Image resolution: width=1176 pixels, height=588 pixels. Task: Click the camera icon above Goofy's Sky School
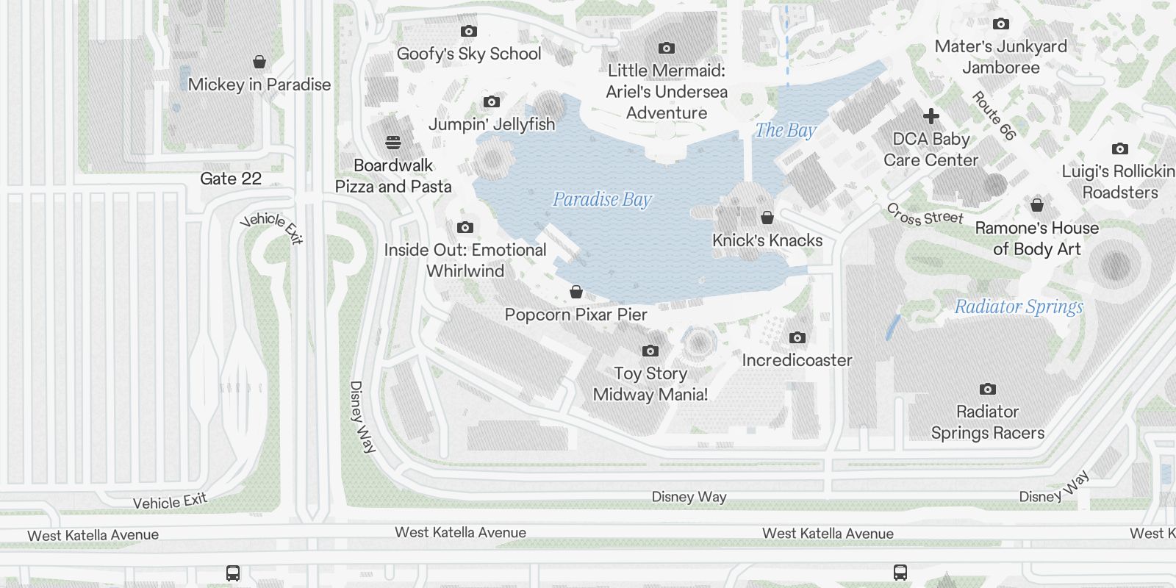tap(468, 32)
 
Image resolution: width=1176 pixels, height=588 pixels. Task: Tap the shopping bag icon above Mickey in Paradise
tap(259, 62)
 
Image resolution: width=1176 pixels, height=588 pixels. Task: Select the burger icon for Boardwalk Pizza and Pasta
tap(393, 143)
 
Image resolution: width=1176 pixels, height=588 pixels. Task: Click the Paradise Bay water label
tap(602, 199)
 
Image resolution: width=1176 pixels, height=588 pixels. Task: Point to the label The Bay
tap(786, 131)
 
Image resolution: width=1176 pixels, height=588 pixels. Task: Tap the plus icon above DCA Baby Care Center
tap(931, 116)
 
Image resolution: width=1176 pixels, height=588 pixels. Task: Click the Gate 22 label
tap(231, 179)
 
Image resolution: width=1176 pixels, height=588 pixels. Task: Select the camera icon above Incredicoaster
tap(797, 338)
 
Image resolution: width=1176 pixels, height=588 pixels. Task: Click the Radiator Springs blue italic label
tap(1019, 306)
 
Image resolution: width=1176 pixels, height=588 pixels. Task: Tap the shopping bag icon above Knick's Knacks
tap(767, 218)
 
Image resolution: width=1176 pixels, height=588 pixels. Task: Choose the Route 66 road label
tap(994, 115)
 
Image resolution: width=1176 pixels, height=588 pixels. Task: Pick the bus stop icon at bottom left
tap(233, 573)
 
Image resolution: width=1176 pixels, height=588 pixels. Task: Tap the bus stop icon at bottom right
tap(900, 572)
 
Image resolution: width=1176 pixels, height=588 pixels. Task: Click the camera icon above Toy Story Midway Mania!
tap(650, 351)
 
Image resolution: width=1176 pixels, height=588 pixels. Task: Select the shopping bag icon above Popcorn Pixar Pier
tap(576, 293)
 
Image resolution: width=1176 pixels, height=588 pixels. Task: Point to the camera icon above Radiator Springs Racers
tap(987, 390)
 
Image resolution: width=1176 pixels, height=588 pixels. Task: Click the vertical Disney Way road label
tap(361, 417)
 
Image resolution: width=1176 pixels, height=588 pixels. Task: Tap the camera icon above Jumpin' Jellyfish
tap(491, 102)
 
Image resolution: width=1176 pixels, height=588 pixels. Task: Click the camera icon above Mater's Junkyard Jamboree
tap(1000, 24)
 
